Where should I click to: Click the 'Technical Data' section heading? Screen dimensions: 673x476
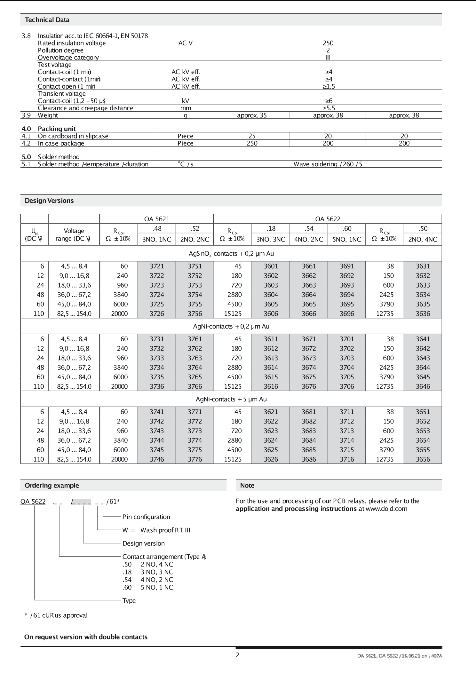pos(47,20)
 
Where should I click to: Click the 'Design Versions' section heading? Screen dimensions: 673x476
pos(49,201)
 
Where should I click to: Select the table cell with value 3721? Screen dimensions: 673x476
pos(157,266)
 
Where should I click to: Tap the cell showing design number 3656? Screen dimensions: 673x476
pos(423,459)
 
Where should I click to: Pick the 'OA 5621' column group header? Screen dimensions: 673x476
pos(157,219)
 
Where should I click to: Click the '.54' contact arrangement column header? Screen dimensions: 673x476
pos(309,228)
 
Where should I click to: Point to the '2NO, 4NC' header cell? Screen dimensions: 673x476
pos(423,239)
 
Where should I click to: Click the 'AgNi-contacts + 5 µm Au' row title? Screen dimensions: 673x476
pos(231,399)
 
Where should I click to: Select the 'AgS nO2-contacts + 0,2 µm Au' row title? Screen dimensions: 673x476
pos(231,254)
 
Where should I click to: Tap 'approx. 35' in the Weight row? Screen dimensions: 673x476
pos(252,115)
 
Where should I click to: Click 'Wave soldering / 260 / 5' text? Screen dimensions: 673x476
pos(328,164)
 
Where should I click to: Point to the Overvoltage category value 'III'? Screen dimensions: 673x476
pos(328,58)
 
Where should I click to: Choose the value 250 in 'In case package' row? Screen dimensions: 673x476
pos(252,143)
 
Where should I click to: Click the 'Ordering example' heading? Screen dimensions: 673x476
pos(52,485)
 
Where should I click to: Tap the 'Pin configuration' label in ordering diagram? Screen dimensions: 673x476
pos(146,517)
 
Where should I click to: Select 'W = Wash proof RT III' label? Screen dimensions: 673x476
pos(156,530)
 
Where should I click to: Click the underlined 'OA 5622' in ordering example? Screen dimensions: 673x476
pos(33,502)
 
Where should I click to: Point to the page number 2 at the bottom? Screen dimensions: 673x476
pos(238,655)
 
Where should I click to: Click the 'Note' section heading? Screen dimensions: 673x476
pos(247,485)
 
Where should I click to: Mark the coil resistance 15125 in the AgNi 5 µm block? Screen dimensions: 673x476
pos(233,459)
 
